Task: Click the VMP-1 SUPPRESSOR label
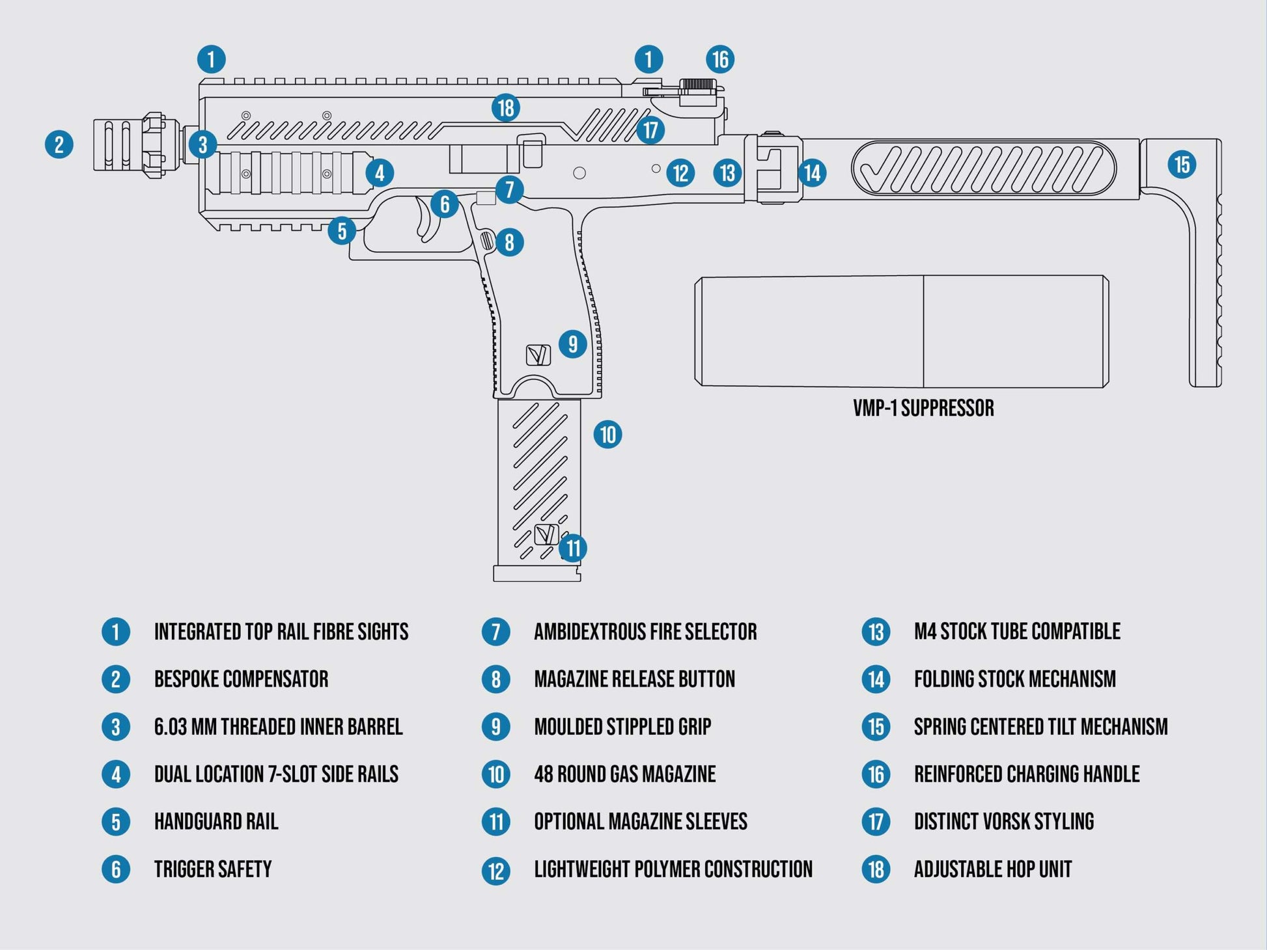point(923,409)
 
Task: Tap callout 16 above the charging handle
point(720,59)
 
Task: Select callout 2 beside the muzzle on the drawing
point(59,144)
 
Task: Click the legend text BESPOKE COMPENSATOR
point(241,679)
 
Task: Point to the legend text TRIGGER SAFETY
point(212,869)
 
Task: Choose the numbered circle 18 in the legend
point(876,869)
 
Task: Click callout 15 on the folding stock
point(1182,164)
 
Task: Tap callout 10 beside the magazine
point(607,434)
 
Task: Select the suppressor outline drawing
point(902,332)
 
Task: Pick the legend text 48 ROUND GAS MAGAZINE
point(624,774)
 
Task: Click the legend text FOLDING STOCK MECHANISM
point(1014,679)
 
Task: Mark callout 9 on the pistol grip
point(572,344)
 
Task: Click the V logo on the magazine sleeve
point(546,534)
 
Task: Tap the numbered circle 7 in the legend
point(495,632)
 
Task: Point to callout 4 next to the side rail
point(379,173)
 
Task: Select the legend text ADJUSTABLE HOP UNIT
point(992,869)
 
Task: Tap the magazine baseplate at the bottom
point(536,573)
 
